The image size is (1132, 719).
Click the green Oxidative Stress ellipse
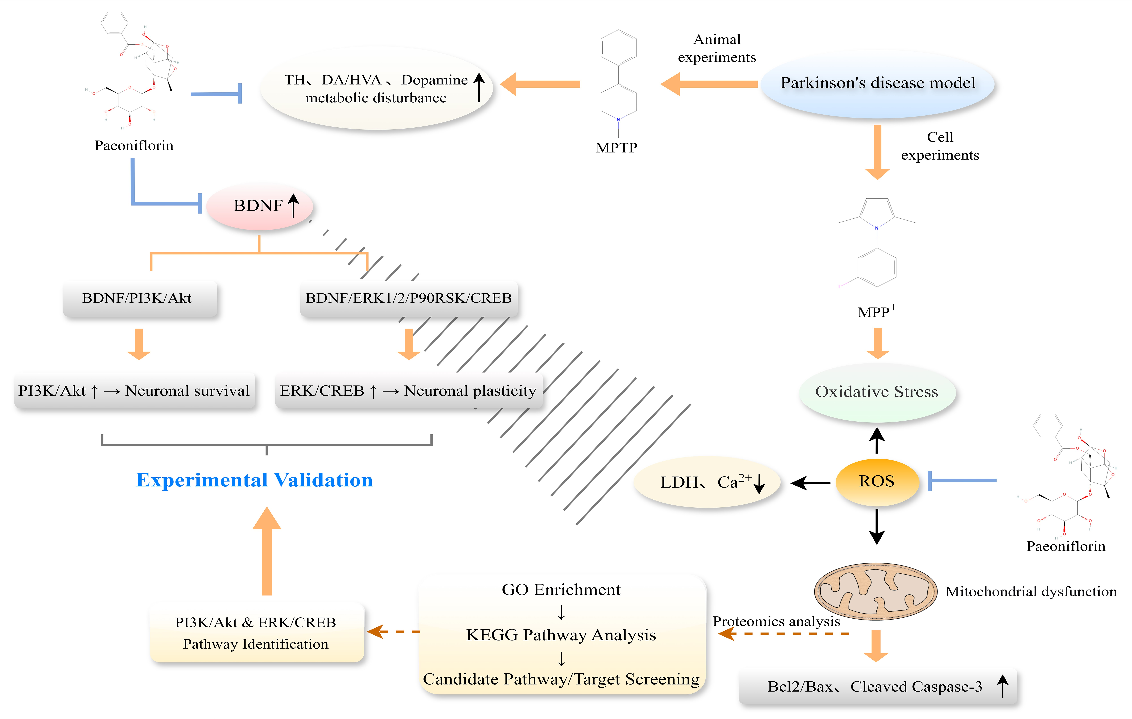point(877,392)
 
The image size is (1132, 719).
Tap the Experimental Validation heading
point(254,480)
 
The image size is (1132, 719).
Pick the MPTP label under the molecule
point(617,148)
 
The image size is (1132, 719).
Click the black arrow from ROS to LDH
point(810,483)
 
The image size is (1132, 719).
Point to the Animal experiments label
point(717,48)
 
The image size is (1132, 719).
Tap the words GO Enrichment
point(561,590)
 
